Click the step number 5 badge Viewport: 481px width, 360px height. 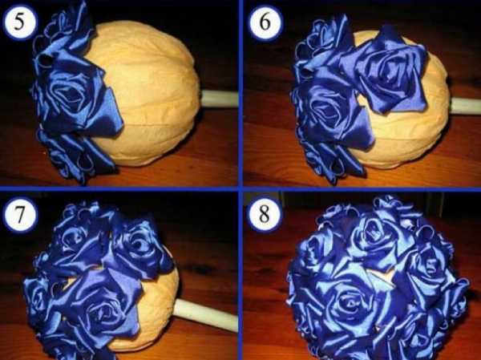[20, 22]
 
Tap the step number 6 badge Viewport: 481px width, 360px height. [265, 22]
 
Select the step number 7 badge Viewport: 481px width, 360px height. [20, 215]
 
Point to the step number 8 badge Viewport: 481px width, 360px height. [265, 215]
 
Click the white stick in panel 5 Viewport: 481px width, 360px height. [220, 99]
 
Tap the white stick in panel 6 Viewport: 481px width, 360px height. [465, 106]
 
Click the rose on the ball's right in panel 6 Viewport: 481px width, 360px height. [388, 71]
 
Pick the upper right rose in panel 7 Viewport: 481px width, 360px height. [138, 245]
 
